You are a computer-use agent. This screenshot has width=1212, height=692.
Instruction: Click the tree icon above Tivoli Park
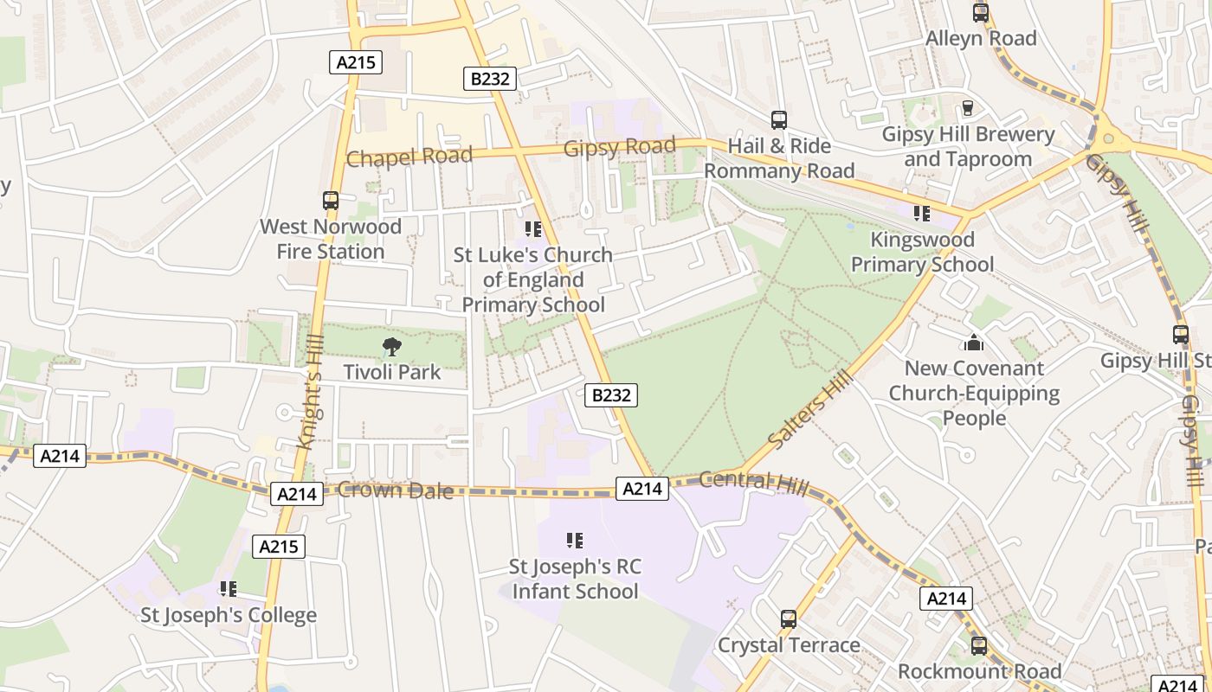(391, 347)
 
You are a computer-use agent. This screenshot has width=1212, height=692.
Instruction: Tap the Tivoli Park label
(392, 372)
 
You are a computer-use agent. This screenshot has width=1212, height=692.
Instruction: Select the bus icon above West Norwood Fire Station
(331, 201)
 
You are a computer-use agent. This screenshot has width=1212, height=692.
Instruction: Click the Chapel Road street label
(409, 157)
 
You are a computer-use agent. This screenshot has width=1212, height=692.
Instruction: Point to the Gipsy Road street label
(619, 147)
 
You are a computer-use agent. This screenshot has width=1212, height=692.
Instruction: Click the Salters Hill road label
(804, 411)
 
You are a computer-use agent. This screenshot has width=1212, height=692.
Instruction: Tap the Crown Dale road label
(396, 490)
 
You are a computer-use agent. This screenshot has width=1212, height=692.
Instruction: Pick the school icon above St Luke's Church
(532, 229)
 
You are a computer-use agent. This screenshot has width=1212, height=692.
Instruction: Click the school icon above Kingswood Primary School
(922, 213)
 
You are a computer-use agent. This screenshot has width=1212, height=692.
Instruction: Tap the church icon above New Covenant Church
(974, 343)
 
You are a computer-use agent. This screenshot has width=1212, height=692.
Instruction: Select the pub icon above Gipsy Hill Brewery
(968, 108)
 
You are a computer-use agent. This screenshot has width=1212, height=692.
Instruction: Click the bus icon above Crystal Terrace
(789, 619)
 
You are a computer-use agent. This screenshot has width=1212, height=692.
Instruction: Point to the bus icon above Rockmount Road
(979, 645)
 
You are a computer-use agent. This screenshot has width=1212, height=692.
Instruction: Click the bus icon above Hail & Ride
(779, 120)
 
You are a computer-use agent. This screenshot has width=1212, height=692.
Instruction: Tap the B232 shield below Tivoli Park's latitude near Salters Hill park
(611, 395)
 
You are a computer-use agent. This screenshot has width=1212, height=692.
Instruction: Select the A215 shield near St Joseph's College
(279, 546)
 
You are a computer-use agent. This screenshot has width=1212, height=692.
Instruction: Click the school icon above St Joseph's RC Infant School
(575, 541)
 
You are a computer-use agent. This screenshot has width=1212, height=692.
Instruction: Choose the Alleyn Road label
(981, 38)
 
